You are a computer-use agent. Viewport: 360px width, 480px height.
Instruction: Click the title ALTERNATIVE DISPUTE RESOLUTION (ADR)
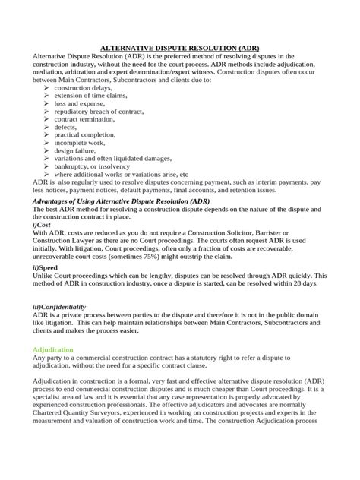[x=179, y=47]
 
